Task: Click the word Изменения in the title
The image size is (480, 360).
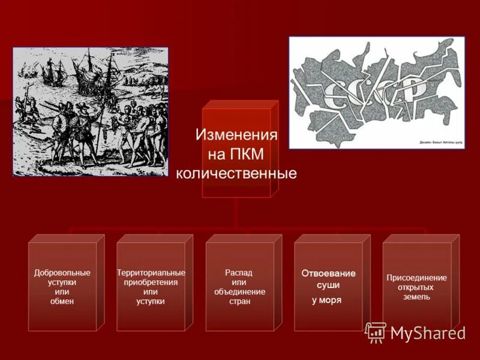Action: [x=236, y=134]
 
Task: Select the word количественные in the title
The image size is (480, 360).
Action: [x=236, y=174]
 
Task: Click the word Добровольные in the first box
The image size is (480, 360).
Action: [x=62, y=273]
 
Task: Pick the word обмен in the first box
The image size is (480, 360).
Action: [x=62, y=301]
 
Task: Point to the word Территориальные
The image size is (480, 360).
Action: [x=151, y=273]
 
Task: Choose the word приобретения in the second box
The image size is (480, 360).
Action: [x=151, y=283]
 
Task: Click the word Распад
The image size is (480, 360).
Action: [x=239, y=273]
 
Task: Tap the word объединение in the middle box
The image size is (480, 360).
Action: [x=239, y=292]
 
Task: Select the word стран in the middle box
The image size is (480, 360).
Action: [x=239, y=301]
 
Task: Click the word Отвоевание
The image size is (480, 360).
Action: [x=328, y=274]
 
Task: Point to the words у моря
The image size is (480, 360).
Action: [x=327, y=300]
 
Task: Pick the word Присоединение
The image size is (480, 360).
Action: [x=417, y=278]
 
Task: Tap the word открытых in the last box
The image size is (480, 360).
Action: [x=417, y=287]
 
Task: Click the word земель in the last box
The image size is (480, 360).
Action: [x=417, y=296]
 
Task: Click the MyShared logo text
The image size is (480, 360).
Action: [x=428, y=334]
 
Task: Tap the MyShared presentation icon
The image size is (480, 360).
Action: [x=376, y=332]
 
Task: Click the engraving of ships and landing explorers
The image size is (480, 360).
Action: [x=90, y=112]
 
